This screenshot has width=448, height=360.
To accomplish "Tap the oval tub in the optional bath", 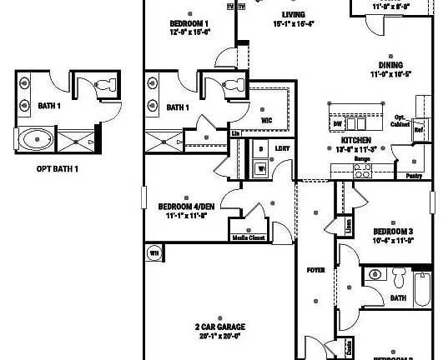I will pos(36,139).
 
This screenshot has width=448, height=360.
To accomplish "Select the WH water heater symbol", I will pos(154,252).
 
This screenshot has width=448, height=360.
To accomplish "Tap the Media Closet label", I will pos(248,237).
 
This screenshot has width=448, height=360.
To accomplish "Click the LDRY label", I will pos(283,148).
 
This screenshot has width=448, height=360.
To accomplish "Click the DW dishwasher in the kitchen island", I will pos(338,123).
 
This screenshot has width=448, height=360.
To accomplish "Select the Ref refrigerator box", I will pos(419,130).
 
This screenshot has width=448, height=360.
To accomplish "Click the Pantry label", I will pos(412,177).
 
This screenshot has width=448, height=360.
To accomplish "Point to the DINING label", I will pos(390,65).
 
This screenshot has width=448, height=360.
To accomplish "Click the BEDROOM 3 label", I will pos(392,232).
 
